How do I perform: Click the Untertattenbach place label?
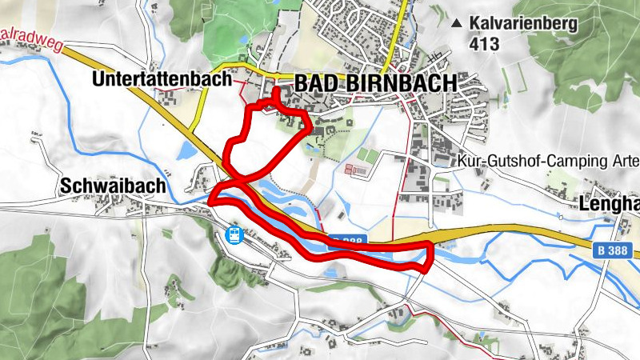click(x=161, y=79)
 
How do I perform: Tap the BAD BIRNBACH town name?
click(x=375, y=83)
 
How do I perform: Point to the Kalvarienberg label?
click(x=523, y=24)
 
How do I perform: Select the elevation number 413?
click(x=485, y=45)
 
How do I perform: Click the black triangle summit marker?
click(x=457, y=24)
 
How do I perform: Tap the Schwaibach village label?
click(x=113, y=186)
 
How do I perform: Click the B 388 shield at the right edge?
click(x=614, y=250)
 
